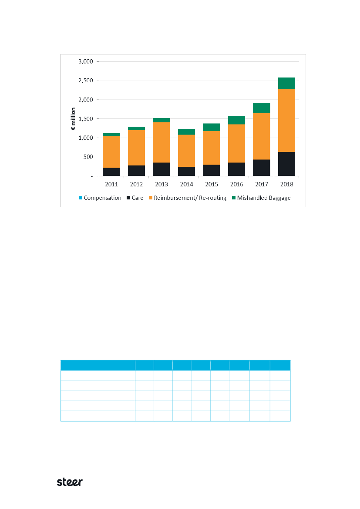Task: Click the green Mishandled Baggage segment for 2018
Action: pyautogui.click(x=286, y=83)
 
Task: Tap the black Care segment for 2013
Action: pyautogui.click(x=161, y=169)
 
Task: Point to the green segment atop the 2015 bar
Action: pyautogui.click(x=211, y=127)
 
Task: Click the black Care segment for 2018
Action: pyautogui.click(x=286, y=164)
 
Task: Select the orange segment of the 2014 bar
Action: pyautogui.click(x=186, y=151)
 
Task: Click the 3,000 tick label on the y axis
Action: pyautogui.click(x=85, y=61)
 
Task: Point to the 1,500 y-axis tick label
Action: pyautogui.click(x=85, y=119)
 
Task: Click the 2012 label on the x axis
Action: pyautogui.click(x=136, y=184)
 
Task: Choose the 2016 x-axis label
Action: pyautogui.click(x=236, y=184)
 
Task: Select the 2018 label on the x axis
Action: pyautogui.click(x=286, y=184)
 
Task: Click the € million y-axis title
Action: pyautogui.click(x=74, y=119)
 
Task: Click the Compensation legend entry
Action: pyautogui.click(x=102, y=198)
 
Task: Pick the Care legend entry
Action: pyautogui.click(x=137, y=198)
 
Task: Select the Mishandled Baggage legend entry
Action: pyautogui.click(x=263, y=198)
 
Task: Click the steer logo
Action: pyautogui.click(x=70, y=482)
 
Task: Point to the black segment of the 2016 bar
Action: pyautogui.click(x=236, y=169)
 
